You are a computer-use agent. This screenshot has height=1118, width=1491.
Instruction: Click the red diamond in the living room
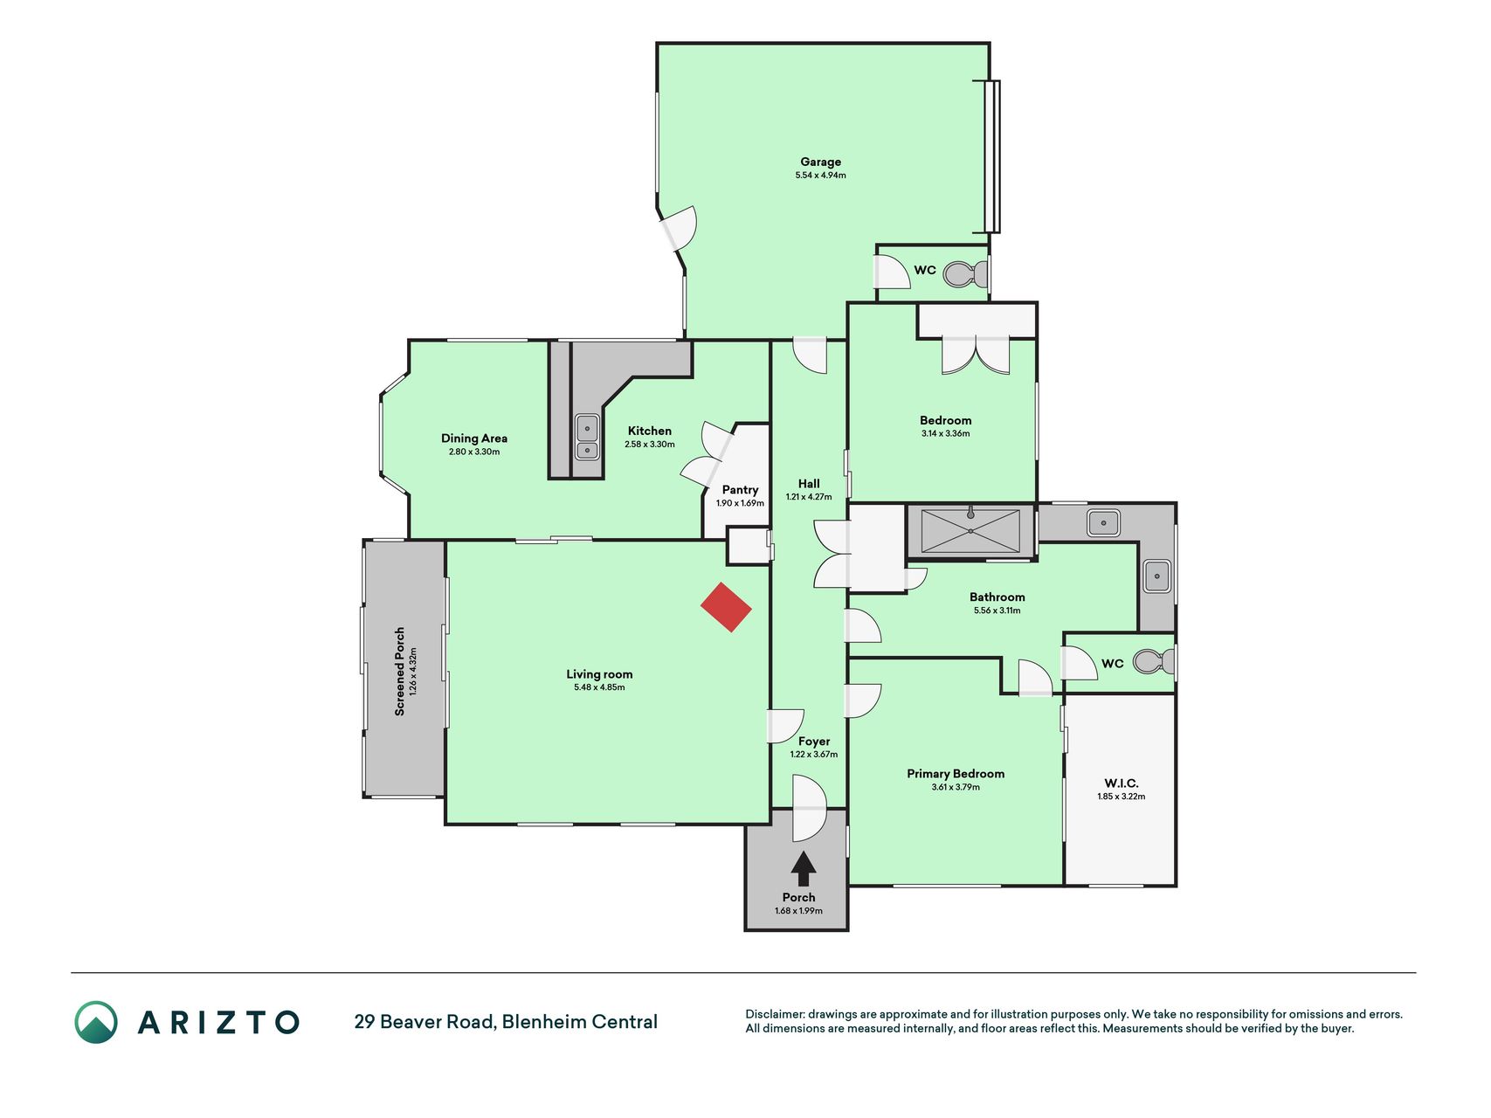point(726,607)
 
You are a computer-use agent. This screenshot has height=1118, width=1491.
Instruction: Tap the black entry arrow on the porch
point(804,869)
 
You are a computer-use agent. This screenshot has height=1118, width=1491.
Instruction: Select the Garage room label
point(821,162)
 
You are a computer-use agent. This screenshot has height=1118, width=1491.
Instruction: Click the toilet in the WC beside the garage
point(966,274)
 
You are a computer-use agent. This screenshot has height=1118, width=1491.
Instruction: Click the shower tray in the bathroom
point(970,531)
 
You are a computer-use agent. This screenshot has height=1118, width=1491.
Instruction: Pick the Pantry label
point(740,490)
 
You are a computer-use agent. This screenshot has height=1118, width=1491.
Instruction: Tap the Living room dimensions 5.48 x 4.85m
point(599,687)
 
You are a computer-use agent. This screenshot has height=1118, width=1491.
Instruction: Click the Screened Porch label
point(399,672)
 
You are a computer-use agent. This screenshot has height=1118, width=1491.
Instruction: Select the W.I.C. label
point(1121,783)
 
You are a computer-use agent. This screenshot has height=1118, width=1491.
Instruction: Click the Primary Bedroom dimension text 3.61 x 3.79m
point(956,787)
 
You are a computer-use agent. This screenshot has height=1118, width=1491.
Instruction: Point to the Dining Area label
point(474,438)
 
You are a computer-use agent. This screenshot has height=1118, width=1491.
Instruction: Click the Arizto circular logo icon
point(96,1022)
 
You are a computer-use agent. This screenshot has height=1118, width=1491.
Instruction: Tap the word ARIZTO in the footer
point(218,1022)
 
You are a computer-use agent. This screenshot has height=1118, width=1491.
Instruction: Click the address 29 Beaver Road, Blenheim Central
point(506,1022)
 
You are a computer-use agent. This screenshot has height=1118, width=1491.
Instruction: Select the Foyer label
point(814,742)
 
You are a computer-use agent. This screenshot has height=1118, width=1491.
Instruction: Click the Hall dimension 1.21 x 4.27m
point(809,497)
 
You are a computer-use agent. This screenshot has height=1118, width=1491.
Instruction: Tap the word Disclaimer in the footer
point(774,1014)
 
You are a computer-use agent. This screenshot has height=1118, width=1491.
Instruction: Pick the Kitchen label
point(650,431)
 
